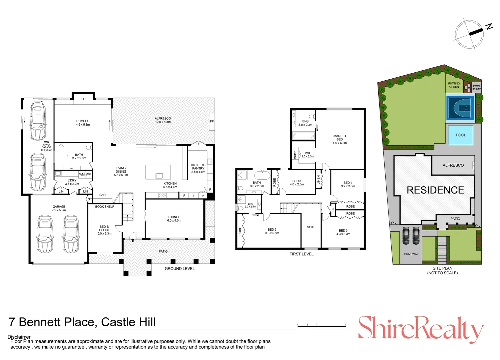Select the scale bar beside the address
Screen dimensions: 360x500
322,326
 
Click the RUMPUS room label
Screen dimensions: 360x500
83,123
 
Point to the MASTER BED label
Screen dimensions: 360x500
340,139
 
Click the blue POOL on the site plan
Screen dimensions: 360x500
461,135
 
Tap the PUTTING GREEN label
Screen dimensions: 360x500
454,85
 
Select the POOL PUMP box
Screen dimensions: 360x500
477,88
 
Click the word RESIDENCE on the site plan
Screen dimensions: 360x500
435,190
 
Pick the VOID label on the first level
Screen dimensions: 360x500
311,227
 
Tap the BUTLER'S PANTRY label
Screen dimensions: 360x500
198,168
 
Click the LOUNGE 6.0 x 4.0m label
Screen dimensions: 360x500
174,219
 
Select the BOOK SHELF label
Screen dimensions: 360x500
104,207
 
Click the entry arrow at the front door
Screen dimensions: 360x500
132,240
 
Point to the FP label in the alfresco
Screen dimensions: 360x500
211,122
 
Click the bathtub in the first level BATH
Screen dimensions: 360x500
262,175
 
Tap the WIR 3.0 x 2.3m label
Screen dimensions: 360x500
308,155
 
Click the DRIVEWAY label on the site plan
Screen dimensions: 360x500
411,254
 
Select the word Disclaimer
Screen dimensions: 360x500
19,337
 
